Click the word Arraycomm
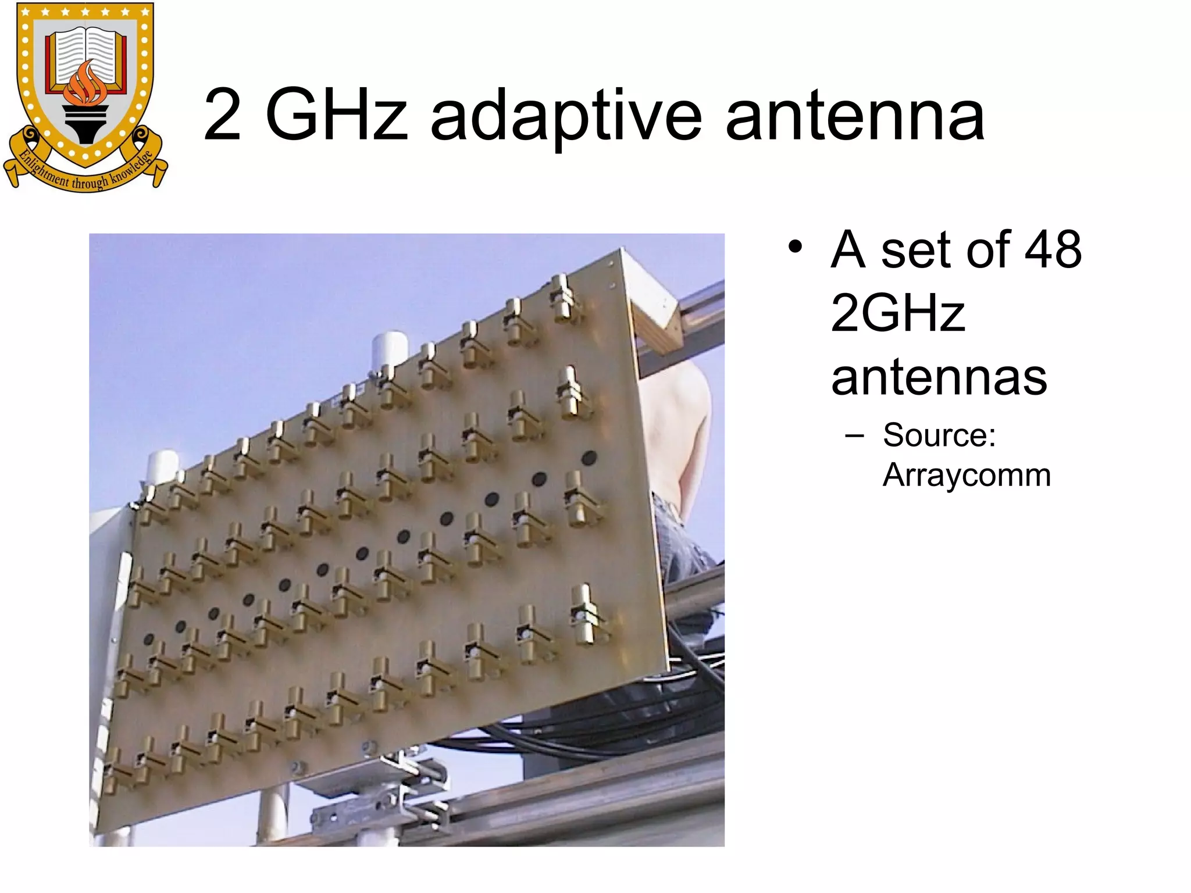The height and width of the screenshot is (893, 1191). [967, 475]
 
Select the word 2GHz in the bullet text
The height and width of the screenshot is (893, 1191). [898, 314]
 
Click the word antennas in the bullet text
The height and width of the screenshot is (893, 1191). [939, 378]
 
